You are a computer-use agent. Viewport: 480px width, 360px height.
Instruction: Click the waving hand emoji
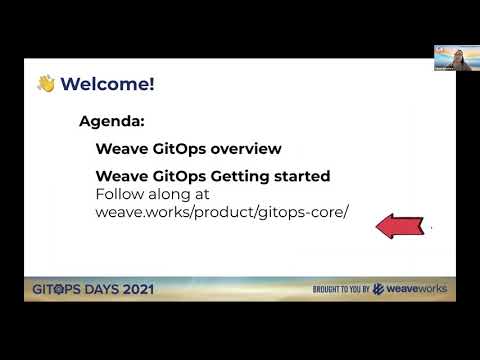click(x=45, y=84)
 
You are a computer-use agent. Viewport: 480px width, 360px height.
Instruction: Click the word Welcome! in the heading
click(x=107, y=84)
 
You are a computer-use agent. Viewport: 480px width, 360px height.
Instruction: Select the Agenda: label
click(x=112, y=122)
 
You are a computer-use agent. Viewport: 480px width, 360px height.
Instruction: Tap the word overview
click(x=245, y=149)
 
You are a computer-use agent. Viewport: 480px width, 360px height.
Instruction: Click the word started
click(x=301, y=176)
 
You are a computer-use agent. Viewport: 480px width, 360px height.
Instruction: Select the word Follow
click(x=119, y=194)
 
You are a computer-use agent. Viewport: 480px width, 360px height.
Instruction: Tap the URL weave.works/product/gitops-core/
click(x=221, y=212)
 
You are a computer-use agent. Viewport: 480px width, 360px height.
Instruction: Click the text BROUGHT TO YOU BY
click(x=341, y=290)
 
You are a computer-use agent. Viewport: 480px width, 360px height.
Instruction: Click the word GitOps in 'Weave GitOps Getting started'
click(x=178, y=176)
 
